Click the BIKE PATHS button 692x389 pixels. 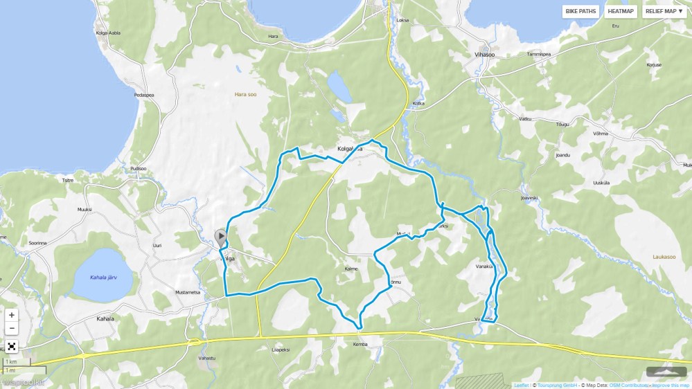[580, 11]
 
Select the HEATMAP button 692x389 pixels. [620, 11]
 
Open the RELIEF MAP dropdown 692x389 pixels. [664, 11]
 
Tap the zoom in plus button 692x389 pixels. [11, 315]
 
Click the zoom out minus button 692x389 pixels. [11, 328]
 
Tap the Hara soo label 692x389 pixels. [245, 94]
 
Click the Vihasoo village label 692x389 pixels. [485, 54]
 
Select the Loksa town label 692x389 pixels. [402, 21]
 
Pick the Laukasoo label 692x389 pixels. [664, 257]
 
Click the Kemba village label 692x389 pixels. [360, 344]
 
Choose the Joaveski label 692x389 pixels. [529, 197]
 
